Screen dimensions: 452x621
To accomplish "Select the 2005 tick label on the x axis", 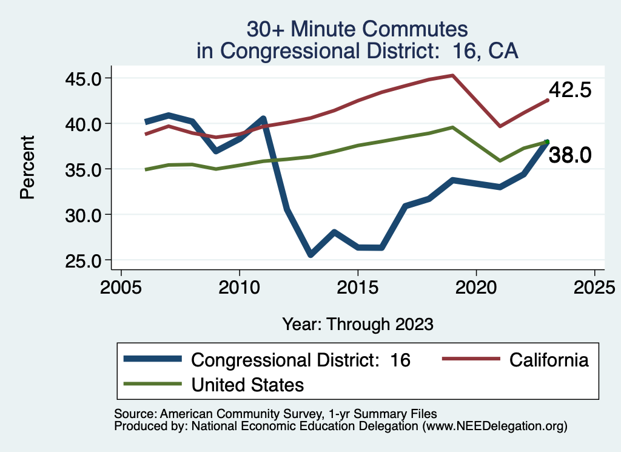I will click(x=121, y=285).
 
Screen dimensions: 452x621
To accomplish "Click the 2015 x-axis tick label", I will click(x=358, y=285).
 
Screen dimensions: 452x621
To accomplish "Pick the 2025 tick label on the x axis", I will click(x=595, y=285).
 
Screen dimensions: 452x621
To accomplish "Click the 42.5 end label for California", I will click(x=570, y=90).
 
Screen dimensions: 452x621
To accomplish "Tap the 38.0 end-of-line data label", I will click(x=570, y=156).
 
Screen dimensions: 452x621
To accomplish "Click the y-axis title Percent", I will click(x=27, y=168).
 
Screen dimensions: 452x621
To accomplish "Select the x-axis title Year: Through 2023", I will click(x=358, y=324).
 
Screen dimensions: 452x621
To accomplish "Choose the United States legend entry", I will click(x=247, y=384).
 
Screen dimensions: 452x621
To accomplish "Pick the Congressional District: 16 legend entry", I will click(x=301, y=360).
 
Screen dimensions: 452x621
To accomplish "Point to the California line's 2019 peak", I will click(x=453, y=75).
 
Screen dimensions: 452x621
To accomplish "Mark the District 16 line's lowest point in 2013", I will click(x=310, y=255).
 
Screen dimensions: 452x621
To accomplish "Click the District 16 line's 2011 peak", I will click(x=263, y=118).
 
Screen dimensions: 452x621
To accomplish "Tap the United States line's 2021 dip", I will click(x=500, y=161).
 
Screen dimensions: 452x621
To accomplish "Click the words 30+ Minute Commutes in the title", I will click(x=358, y=29).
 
